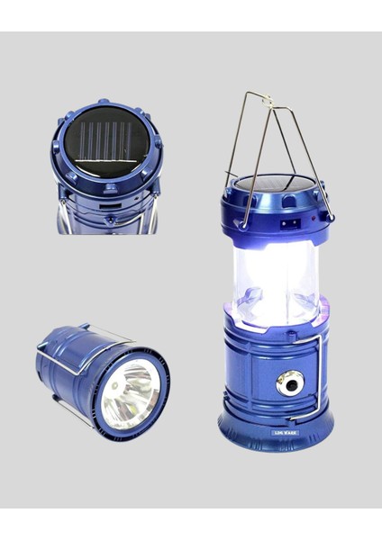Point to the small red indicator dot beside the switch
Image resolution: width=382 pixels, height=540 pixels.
pos(307,218)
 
